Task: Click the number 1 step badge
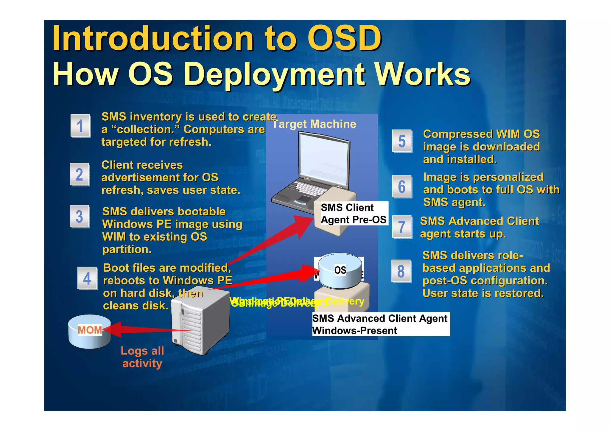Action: point(80,126)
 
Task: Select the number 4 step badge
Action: point(87,278)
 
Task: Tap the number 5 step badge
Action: point(402,141)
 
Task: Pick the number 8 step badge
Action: point(401,271)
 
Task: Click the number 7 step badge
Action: point(402,227)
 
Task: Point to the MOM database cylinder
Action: point(89,331)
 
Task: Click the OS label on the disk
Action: point(340,270)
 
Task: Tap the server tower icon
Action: point(200,322)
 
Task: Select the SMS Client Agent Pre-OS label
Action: point(353,214)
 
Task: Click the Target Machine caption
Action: point(314,124)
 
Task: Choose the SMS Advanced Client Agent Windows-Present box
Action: point(380,324)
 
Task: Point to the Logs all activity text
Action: point(142,357)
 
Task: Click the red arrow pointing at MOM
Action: point(143,329)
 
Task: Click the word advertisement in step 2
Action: point(140,178)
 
